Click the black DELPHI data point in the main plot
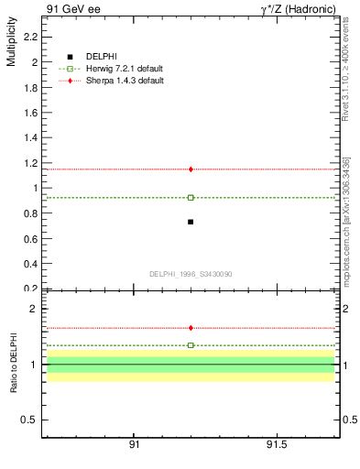click(x=191, y=222)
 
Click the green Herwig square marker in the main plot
click(x=191, y=197)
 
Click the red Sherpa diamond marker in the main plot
click(x=191, y=169)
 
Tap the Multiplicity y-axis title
click(x=11, y=46)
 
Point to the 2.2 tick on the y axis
click(x=30, y=38)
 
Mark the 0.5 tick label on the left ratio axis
click(x=30, y=420)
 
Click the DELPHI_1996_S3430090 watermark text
click(x=190, y=274)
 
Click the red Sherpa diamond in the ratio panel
click(x=191, y=328)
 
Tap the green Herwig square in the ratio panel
click(x=191, y=345)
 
